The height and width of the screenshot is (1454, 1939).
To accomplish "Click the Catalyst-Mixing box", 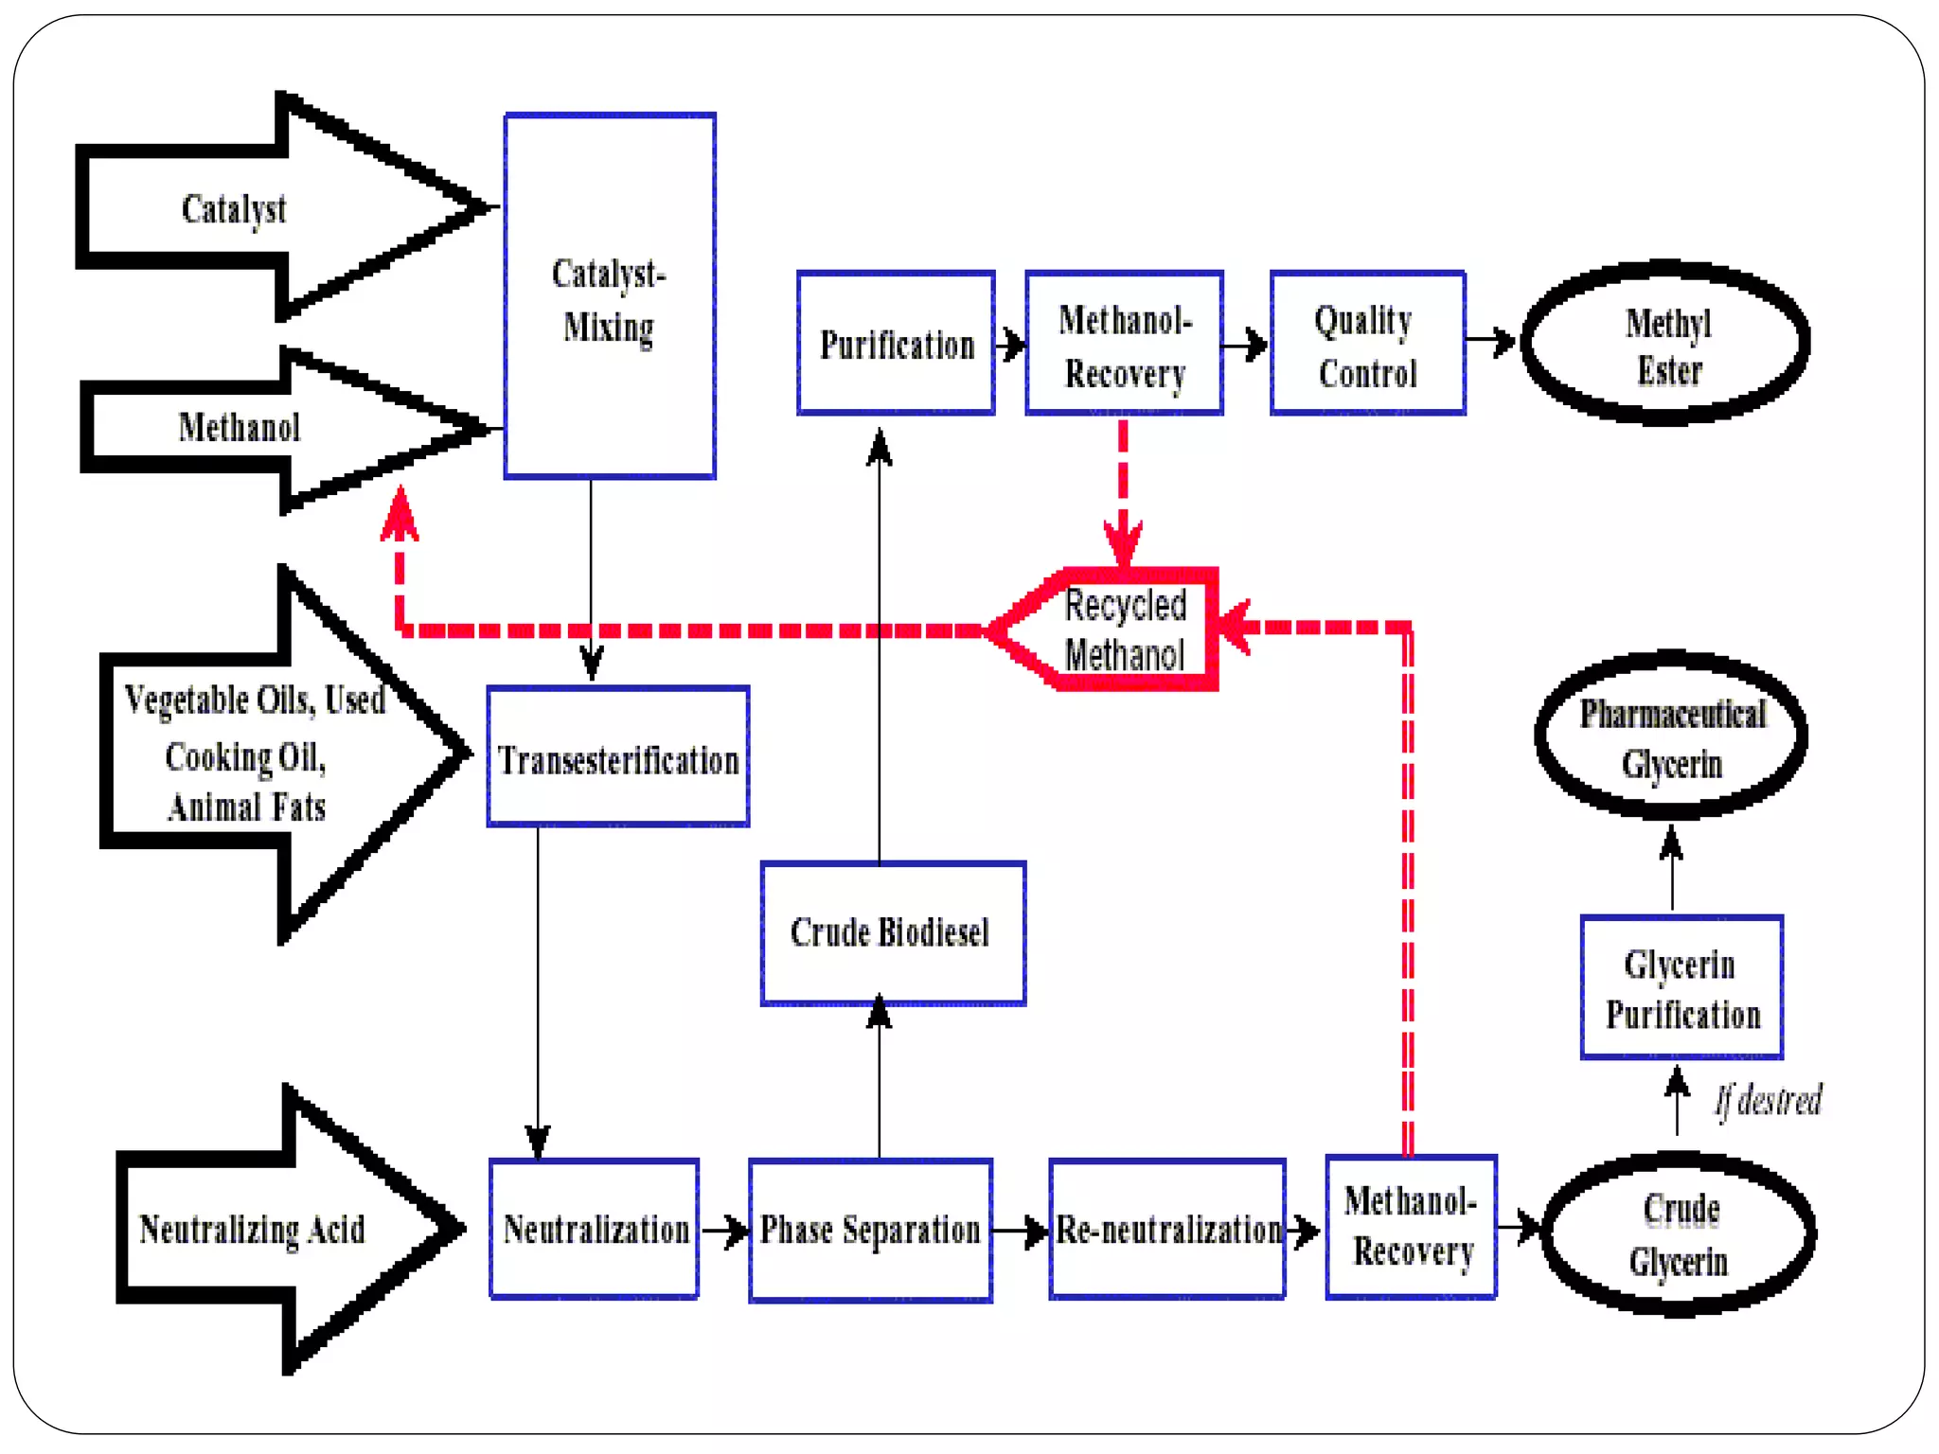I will (x=609, y=296).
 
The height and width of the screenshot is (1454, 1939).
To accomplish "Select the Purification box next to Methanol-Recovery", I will (x=896, y=344).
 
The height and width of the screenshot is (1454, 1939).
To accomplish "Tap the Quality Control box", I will (x=1367, y=344).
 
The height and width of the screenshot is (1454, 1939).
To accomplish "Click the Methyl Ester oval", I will (x=1666, y=344).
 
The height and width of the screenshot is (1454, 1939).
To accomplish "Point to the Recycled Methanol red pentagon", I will (x=1117, y=629).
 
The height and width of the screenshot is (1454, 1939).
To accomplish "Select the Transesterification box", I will (x=617, y=757).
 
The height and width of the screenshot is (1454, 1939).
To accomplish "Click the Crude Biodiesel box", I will (x=892, y=933).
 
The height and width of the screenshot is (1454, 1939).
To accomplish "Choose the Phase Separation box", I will (x=870, y=1230).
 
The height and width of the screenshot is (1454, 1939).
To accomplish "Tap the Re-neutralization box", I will (x=1167, y=1230).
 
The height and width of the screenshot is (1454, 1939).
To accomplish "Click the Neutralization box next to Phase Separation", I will (x=595, y=1230).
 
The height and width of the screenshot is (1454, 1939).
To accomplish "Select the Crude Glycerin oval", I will (x=1679, y=1234).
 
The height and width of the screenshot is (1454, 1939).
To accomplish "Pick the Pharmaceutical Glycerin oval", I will (x=1672, y=736).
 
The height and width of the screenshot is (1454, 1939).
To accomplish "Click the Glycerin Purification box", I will (x=1681, y=987).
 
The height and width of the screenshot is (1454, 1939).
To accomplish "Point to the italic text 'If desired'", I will (x=1769, y=1101).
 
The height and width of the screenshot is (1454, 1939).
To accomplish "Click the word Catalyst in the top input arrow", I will (x=233, y=209).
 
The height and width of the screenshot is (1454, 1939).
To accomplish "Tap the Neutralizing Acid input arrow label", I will (x=252, y=1230).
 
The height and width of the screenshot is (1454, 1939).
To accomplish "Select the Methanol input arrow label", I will (x=239, y=428).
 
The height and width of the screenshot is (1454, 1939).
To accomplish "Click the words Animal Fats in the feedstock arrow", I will (x=246, y=807).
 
